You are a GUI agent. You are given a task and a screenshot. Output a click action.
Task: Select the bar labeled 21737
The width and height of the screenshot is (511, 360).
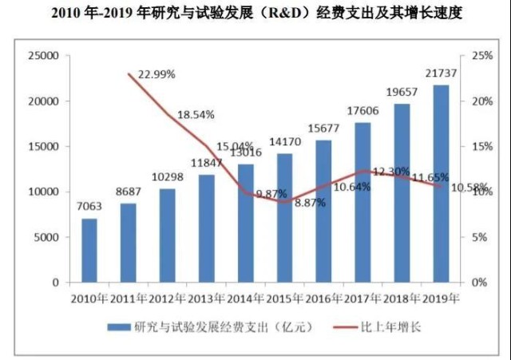coord(441,184)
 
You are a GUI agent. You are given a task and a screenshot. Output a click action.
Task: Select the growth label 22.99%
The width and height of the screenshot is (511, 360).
coord(156,74)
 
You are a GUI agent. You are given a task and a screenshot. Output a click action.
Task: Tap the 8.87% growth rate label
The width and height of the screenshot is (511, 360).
coord(310,203)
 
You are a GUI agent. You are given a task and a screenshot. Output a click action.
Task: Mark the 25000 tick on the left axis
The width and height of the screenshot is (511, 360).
coord(43,56)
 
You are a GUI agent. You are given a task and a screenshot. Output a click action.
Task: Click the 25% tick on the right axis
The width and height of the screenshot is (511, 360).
coord(482,56)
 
